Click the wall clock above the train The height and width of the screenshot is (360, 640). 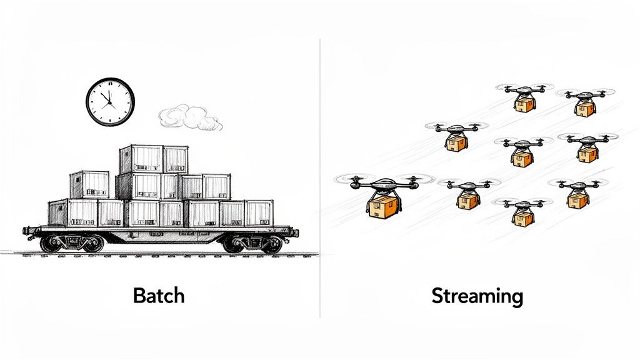(x=110, y=101)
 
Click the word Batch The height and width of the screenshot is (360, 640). (x=159, y=294)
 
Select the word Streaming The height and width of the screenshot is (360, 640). (x=477, y=295)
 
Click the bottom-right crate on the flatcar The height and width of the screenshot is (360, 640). (x=259, y=212)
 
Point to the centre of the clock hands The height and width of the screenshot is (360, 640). (x=110, y=101)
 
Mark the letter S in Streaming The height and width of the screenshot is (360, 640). (x=438, y=295)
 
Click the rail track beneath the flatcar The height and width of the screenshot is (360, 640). (x=162, y=254)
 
